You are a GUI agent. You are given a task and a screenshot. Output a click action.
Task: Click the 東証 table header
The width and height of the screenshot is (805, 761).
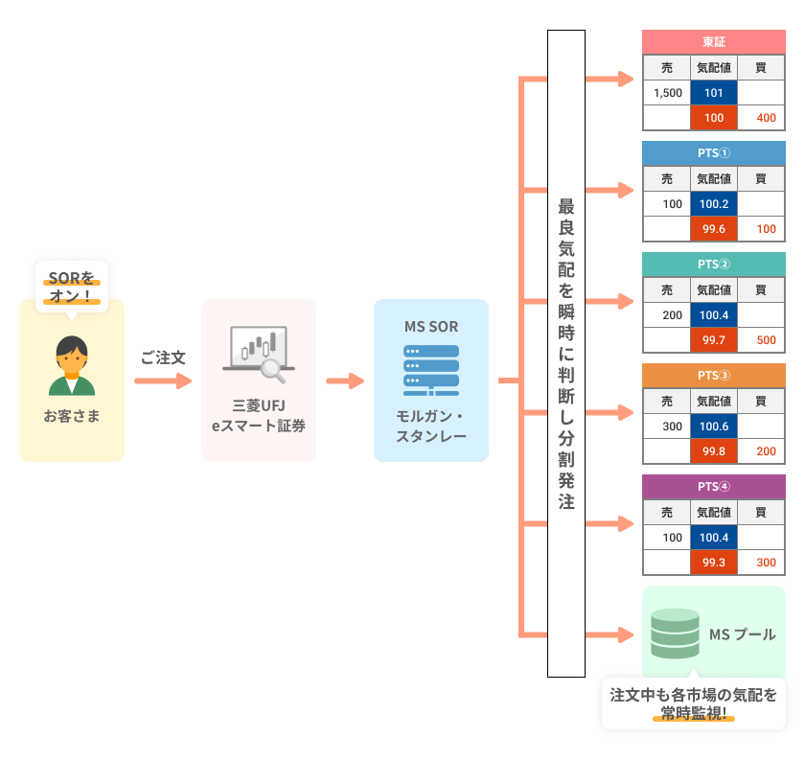[714, 42]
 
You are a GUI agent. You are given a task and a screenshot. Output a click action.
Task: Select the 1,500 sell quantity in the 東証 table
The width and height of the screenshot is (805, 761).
[667, 93]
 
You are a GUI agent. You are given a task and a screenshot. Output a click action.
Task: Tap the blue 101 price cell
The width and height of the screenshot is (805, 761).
[714, 93]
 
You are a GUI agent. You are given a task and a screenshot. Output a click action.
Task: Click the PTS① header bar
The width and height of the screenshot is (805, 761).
[714, 153]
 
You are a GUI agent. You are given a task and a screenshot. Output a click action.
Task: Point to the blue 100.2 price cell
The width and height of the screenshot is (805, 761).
[714, 204]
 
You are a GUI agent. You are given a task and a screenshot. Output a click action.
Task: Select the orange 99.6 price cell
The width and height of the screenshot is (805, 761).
[714, 229]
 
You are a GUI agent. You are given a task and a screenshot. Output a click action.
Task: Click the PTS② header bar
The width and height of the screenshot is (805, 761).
[714, 265]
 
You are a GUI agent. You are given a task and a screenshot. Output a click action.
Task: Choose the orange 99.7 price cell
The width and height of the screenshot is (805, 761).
[714, 340]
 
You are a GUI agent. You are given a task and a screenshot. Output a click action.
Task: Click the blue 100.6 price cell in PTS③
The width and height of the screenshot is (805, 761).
[714, 427]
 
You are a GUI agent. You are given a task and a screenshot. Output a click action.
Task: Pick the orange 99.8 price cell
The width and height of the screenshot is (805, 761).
[714, 451]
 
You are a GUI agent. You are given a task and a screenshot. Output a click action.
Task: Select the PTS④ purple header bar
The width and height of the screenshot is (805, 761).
[714, 486]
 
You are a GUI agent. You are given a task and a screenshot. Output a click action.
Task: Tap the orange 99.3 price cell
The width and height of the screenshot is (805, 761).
[714, 563]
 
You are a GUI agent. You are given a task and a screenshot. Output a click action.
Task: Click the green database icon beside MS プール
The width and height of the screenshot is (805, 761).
[676, 633]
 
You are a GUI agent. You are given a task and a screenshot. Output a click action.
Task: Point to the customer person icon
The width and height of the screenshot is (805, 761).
[72, 366]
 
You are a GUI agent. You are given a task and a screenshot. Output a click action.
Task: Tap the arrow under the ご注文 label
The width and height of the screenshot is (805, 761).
[163, 381]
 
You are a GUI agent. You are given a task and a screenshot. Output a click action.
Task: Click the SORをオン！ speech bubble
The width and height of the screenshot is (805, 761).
[72, 288]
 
